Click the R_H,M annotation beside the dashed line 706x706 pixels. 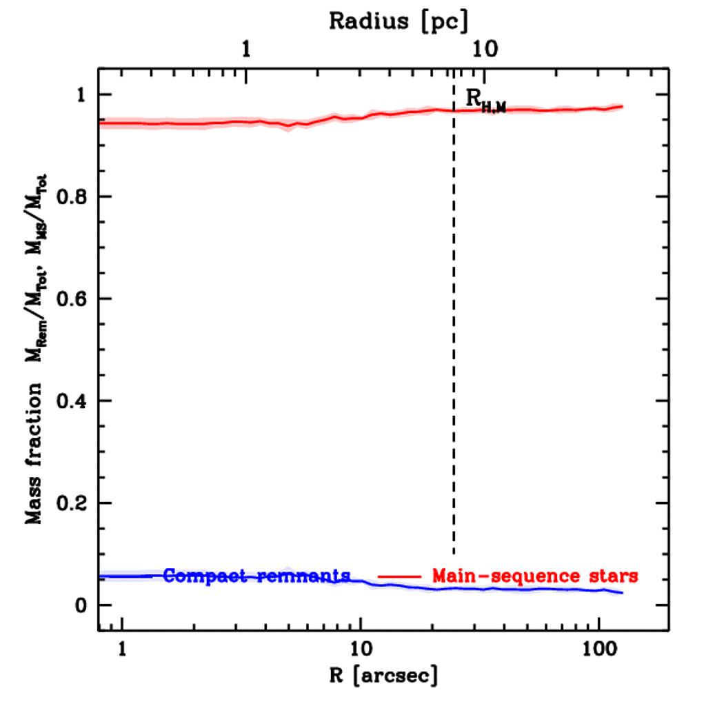pyautogui.click(x=485, y=101)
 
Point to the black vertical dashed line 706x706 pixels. pyautogui.click(x=453, y=345)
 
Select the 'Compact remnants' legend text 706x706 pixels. pyautogui.click(x=256, y=576)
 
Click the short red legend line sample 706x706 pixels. pyautogui.click(x=399, y=576)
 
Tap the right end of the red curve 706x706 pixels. pyautogui.click(x=622, y=106)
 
